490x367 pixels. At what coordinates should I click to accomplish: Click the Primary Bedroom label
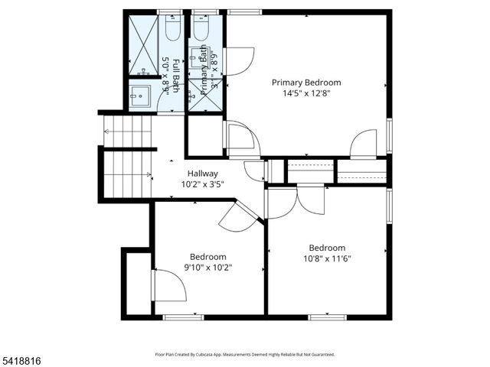point(306,83)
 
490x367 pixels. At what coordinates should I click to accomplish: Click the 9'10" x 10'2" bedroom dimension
point(207,268)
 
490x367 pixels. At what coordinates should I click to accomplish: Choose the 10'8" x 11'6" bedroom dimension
point(326,258)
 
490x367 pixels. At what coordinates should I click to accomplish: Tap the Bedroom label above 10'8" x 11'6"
point(326,248)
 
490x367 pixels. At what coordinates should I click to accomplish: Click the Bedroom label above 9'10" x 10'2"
point(207,257)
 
